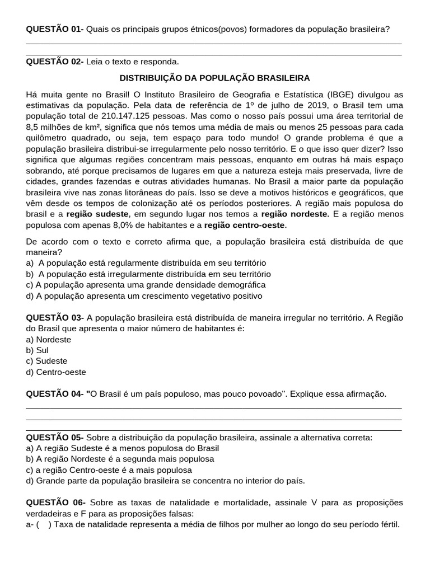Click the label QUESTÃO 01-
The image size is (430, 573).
point(55,29)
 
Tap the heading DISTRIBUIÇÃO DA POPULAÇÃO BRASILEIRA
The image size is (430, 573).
point(215,78)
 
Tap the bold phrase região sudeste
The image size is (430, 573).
point(98,214)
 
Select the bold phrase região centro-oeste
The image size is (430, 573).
point(245,225)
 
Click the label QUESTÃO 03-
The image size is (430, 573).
point(55,318)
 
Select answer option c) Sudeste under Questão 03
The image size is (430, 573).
point(46,361)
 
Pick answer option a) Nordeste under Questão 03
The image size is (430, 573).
point(49,340)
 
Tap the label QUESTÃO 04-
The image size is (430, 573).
point(55,394)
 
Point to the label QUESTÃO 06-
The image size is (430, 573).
point(55,502)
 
